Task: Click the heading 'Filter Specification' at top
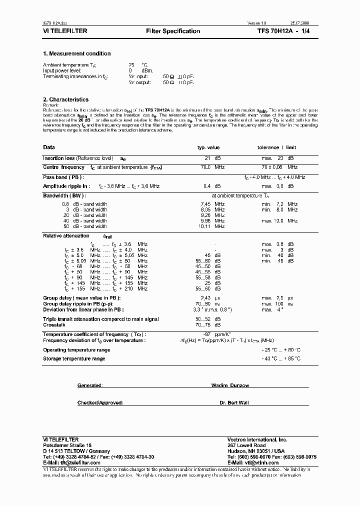pos(173,31)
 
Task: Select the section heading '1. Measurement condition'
pos(77,53)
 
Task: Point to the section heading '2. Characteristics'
pos(66,99)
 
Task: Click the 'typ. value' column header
pos(208,147)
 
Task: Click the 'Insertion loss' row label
pos(58,158)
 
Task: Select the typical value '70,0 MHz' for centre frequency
pos(212,167)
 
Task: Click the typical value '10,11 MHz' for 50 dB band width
pos(212,226)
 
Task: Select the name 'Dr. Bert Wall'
pos(234,402)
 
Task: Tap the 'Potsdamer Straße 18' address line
pos(67,445)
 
